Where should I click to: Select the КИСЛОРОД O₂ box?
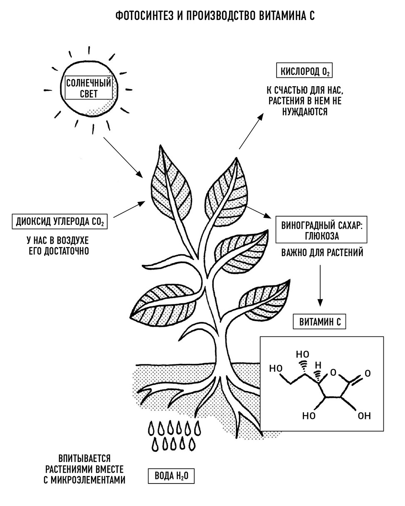(x=304, y=70)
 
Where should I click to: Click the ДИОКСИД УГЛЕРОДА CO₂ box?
(x=59, y=222)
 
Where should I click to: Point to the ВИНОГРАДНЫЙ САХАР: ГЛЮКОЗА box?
(x=321, y=230)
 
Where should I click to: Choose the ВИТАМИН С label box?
(x=319, y=322)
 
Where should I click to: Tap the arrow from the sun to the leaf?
(x=123, y=157)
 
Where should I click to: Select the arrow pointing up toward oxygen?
(x=252, y=131)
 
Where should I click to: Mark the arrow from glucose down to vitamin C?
(x=320, y=286)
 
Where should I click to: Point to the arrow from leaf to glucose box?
(x=255, y=210)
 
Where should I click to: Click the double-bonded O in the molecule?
(x=368, y=374)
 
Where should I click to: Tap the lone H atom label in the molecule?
(x=318, y=365)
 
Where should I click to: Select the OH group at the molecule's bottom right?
(x=364, y=416)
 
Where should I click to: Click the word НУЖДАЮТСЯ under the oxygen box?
(x=305, y=112)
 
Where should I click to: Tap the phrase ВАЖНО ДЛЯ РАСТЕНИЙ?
(x=322, y=252)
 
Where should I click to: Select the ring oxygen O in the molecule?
(x=333, y=372)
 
